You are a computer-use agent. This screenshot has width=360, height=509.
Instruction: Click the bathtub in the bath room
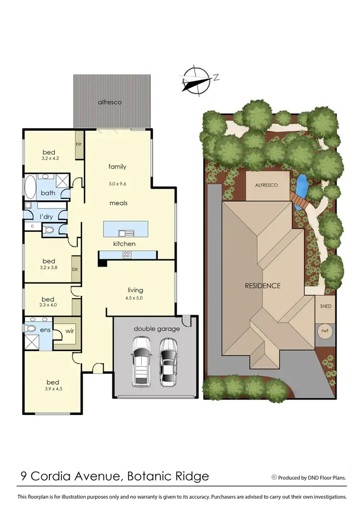[30, 188]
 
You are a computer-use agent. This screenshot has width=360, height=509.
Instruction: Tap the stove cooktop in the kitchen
[129, 254]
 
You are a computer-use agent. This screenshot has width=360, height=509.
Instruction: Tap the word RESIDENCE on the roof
[263, 286]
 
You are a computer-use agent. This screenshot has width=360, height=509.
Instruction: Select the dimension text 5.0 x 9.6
[117, 183]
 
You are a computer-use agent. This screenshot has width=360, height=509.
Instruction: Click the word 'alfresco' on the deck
[109, 102]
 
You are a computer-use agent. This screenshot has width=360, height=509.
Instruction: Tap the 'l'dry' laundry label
[47, 217]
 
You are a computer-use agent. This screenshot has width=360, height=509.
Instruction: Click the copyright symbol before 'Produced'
[274, 477]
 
